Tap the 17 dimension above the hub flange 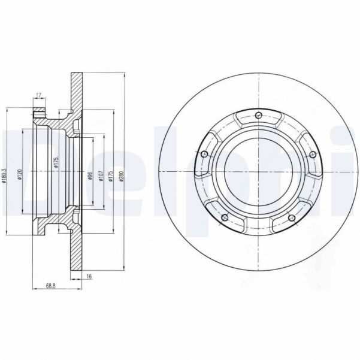point(38,95)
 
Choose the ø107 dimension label point(101,176)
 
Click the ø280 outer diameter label point(122,176)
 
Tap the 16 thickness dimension point(89,276)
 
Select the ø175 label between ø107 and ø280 point(111,176)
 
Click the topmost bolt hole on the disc point(257,115)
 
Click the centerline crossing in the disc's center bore point(257,174)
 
